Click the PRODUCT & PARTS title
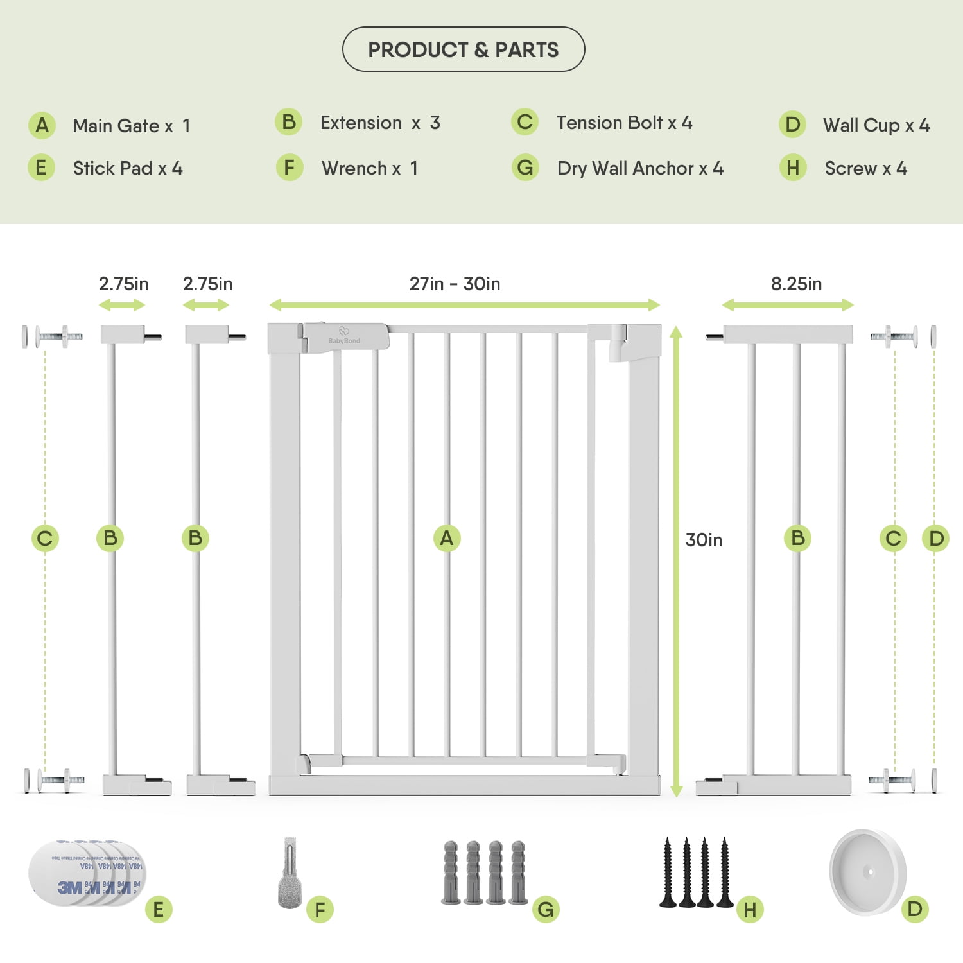tap(463, 49)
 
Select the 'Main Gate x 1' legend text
tap(131, 126)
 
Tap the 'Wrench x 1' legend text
tap(369, 168)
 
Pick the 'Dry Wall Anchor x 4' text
tap(639, 168)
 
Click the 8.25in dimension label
tap(795, 284)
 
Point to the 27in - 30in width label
tap(455, 284)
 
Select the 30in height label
tap(704, 540)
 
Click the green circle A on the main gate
tap(447, 538)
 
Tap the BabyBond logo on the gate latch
tap(344, 337)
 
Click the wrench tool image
tap(290, 872)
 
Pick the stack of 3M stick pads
tap(87, 872)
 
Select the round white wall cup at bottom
tap(867, 872)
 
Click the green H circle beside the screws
tap(750, 910)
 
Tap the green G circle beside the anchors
tap(546, 910)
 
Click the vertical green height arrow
tap(676, 562)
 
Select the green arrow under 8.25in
tap(788, 306)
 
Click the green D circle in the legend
tap(792, 125)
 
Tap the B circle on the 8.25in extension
tap(797, 538)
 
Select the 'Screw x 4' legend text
tap(865, 168)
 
